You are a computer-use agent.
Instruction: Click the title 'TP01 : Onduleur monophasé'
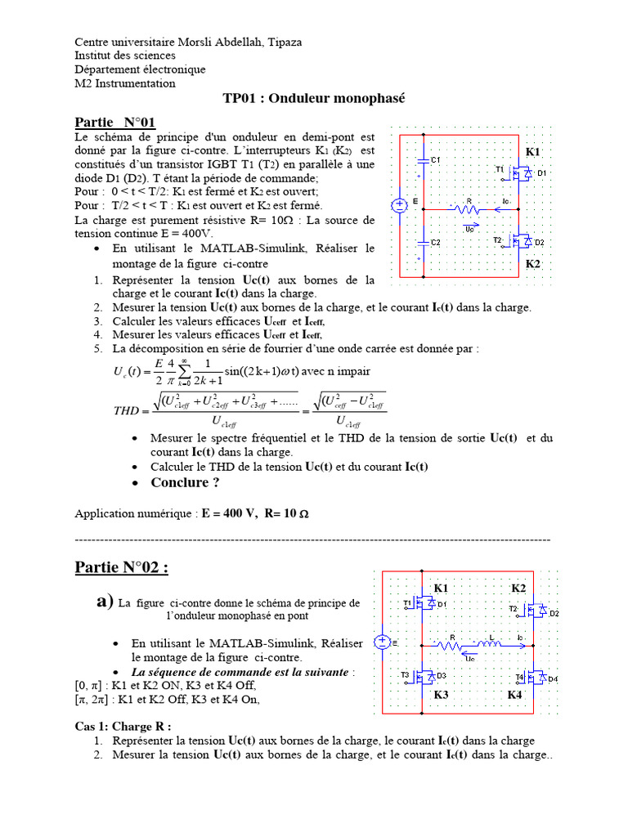point(314,99)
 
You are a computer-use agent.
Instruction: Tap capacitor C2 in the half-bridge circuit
point(423,242)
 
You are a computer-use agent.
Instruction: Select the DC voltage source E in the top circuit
point(401,205)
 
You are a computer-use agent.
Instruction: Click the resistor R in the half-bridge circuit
point(469,208)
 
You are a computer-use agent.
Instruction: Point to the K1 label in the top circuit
point(532,153)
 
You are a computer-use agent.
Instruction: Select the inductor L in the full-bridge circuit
point(491,644)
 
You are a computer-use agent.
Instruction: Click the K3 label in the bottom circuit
point(442,694)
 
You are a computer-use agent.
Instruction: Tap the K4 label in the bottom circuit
point(514,694)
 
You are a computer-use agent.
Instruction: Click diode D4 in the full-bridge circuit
point(542,678)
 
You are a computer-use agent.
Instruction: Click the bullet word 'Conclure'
point(180,482)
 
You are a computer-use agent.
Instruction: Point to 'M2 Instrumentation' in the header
point(125,83)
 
